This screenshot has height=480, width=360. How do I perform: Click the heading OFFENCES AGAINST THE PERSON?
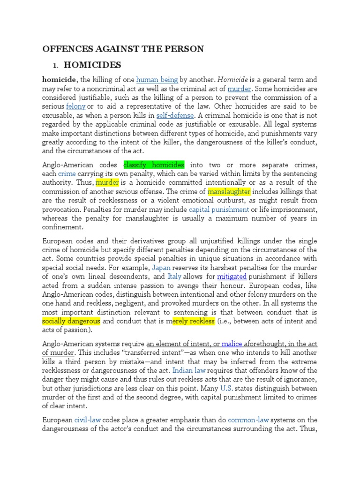123,49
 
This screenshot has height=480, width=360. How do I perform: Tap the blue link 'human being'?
157,80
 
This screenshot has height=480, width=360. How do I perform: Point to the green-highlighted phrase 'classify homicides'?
154,165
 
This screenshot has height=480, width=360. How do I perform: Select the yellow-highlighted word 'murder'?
108,182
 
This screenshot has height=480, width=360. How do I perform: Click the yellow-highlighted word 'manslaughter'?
229,191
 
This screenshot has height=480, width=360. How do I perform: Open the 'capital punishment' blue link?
225,209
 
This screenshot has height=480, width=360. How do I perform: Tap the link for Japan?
161,268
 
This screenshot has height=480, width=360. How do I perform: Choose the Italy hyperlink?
175,277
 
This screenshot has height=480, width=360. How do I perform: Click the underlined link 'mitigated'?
232,277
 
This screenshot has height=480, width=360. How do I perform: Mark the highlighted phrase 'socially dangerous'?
71,321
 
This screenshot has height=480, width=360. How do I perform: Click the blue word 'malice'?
232,344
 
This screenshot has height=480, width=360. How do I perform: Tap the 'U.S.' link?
226,388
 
